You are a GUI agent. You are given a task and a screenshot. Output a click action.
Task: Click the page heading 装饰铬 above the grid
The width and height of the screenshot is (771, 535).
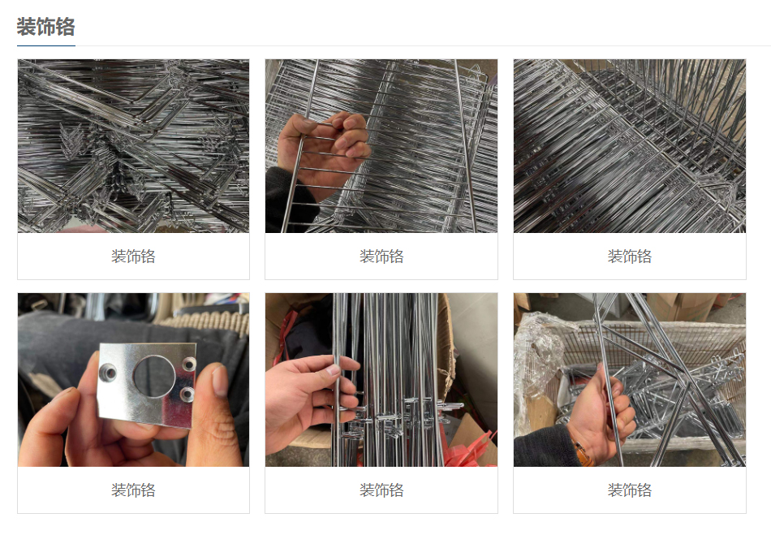[x=45, y=27]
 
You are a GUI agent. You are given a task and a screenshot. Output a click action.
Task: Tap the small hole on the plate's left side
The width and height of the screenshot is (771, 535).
[x=108, y=373]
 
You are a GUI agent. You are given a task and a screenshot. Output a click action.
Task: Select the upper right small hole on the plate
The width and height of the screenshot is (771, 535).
[x=189, y=364]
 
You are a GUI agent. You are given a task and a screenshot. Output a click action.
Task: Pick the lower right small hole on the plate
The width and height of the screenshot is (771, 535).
[x=187, y=394]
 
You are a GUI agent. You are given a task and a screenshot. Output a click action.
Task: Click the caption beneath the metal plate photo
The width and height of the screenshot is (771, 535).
[x=133, y=490]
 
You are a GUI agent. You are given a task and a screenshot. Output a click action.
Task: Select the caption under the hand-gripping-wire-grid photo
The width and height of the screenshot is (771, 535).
[x=381, y=257]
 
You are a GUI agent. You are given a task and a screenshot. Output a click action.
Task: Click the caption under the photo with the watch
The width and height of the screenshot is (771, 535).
[x=630, y=490]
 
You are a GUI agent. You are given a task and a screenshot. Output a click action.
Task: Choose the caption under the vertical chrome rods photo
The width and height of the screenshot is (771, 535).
[x=381, y=490]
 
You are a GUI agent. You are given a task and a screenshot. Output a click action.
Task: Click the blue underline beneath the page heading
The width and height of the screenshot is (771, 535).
[x=46, y=45]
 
